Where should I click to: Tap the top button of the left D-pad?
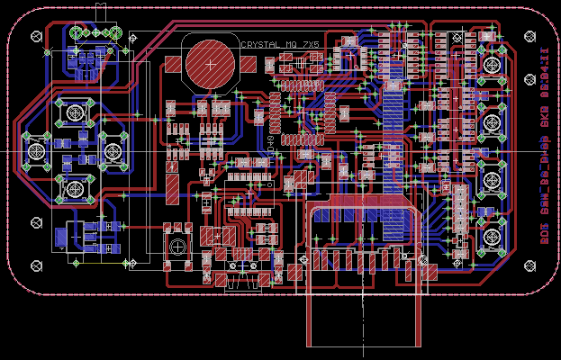(x=74, y=112)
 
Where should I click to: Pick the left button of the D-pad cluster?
(x=35, y=150)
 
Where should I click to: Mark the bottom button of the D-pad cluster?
(x=74, y=188)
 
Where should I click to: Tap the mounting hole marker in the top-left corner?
(x=36, y=37)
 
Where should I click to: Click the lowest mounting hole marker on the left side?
(x=37, y=265)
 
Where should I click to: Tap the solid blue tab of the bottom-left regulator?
(x=59, y=238)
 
